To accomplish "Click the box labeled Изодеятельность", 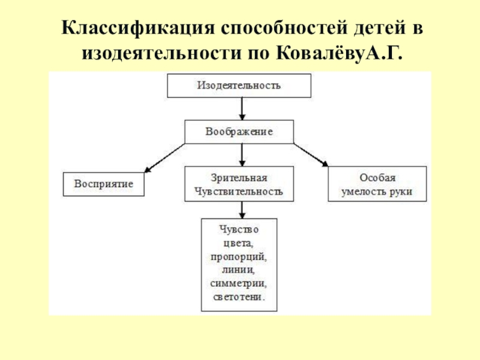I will coord(239,85).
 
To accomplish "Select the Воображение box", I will coord(239,131).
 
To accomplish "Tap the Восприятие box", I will coord(104,184).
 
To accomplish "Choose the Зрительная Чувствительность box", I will coord(239,184).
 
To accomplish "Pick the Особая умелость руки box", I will coord(377,184).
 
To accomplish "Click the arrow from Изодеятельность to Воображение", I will coord(241,109).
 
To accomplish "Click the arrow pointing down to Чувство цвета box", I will coord(241,209).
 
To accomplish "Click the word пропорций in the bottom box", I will coord(239,257).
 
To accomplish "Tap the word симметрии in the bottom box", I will coord(239,283).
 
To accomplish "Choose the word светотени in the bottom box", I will coord(239,296).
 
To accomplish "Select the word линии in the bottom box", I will coord(239,270).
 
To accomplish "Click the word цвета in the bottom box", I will coord(239,244).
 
